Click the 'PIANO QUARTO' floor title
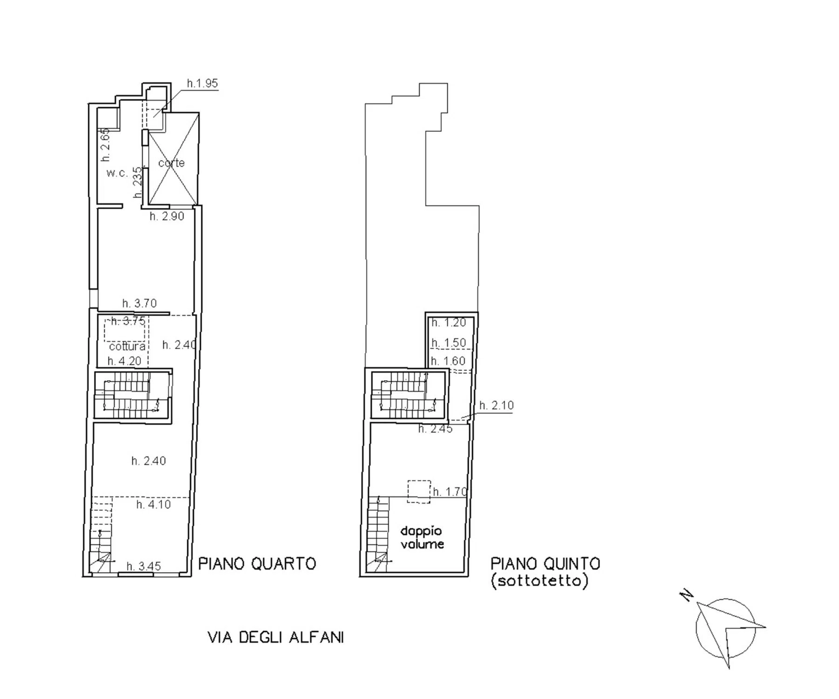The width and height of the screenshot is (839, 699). (257, 564)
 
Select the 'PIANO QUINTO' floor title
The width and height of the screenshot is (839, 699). (545, 564)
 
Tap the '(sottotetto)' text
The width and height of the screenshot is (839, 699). (539, 581)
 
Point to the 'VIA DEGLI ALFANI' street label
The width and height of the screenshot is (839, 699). (276, 637)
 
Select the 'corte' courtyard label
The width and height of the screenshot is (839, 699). (171, 163)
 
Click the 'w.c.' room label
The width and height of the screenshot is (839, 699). (116, 173)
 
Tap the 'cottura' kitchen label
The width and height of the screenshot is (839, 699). (127, 347)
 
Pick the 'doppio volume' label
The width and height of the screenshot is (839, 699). (422, 537)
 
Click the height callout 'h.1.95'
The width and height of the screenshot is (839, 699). (202, 83)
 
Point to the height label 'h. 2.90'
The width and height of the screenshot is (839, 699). (167, 216)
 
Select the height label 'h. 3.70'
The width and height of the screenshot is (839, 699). (139, 303)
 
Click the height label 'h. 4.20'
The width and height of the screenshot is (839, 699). (124, 361)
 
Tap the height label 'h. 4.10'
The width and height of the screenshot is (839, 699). (153, 504)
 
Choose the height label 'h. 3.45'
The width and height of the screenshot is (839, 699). (143, 566)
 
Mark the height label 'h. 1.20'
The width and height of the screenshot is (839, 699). (449, 322)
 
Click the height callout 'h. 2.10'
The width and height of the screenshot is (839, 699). (497, 405)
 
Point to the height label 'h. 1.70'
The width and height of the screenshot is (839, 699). (450, 492)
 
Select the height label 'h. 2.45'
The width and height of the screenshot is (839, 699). (435, 429)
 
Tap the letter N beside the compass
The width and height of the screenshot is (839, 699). (686, 595)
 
